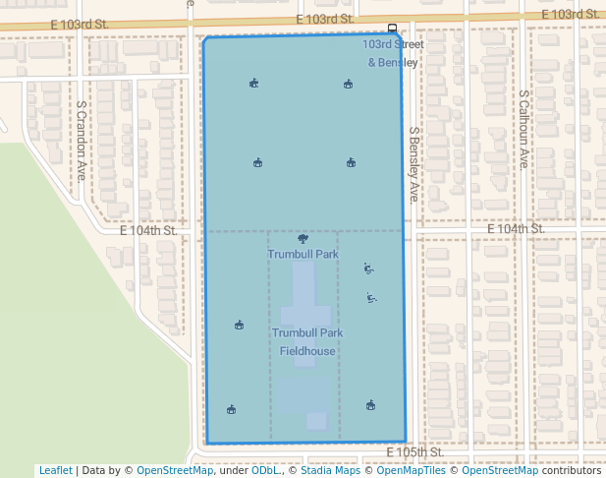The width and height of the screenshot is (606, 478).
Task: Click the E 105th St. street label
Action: [x=415, y=451]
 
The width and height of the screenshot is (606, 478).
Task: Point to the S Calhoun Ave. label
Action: [x=524, y=129]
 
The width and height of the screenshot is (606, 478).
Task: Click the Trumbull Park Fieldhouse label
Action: [x=307, y=342]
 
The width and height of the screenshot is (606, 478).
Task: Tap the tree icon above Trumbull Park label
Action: [x=302, y=239]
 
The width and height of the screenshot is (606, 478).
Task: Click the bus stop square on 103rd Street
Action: [x=392, y=29]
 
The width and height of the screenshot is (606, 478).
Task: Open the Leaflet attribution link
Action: [x=55, y=470]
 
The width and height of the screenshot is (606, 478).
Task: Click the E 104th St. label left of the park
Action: [x=148, y=231]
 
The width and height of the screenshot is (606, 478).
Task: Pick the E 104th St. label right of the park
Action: [x=516, y=229]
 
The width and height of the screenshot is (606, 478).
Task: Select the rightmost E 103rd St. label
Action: [x=570, y=14]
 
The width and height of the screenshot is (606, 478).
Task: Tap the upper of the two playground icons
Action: [x=367, y=268]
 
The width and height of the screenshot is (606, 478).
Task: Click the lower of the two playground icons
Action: [x=370, y=297]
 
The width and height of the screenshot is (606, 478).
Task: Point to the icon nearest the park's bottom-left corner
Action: [x=231, y=409]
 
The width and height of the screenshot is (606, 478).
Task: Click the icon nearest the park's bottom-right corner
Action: [x=370, y=404]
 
